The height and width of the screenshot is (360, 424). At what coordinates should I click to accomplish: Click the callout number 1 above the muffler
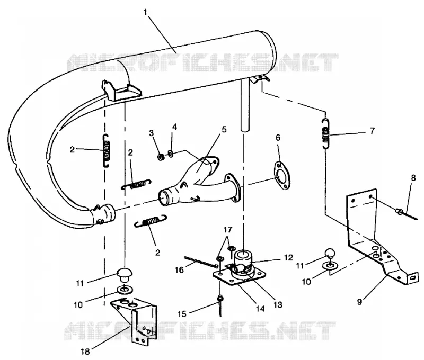145,12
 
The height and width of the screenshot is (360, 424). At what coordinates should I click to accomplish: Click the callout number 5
224,130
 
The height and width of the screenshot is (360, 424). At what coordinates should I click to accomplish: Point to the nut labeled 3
161,156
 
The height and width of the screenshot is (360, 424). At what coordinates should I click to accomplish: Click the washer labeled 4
171,154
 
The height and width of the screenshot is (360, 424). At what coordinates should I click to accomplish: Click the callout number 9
359,302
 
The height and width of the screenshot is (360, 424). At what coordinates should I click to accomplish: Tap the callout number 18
85,352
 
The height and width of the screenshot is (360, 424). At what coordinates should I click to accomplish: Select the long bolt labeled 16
201,262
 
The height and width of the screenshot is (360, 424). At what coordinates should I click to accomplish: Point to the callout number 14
260,309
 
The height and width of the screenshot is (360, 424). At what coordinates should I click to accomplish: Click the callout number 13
278,305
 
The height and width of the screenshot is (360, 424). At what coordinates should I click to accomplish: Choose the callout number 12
288,257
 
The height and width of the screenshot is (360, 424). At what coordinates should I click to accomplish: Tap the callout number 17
228,230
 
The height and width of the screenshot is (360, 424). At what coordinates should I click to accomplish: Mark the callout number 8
413,178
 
